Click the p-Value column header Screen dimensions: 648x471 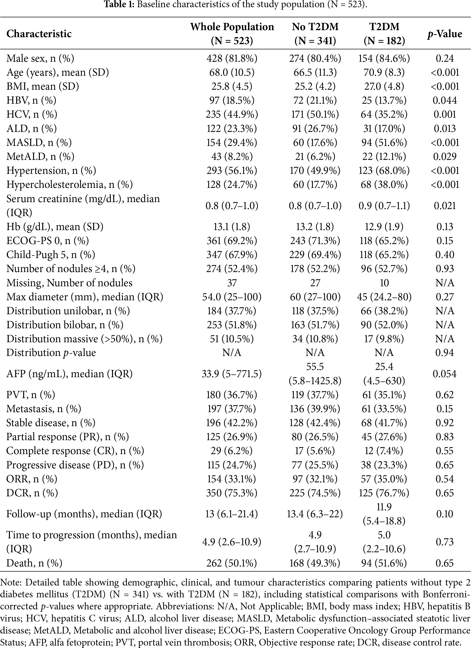pyautogui.click(x=445, y=34)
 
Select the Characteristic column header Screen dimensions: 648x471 pyautogui.click(x=39, y=34)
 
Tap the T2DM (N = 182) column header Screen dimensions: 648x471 pyautogui.click(x=384, y=34)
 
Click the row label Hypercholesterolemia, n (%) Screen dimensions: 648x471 pyautogui.click(x=70, y=184)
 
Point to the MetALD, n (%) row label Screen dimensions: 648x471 pyautogui.click(x=40, y=157)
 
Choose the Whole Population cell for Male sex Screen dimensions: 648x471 pyautogui.click(x=232, y=58)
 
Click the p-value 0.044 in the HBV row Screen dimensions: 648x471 pyautogui.click(x=445, y=101)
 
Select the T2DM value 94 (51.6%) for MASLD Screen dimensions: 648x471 pyautogui.click(x=384, y=143)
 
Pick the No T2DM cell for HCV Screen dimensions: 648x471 pyautogui.click(x=315, y=115)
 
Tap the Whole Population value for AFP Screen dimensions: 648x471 pyautogui.click(x=232, y=374)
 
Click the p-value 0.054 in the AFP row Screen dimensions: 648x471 pyautogui.click(x=445, y=374)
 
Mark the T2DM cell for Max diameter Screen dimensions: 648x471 pyautogui.click(x=384, y=297)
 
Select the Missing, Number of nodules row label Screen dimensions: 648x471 pyautogui.click(x=70, y=283)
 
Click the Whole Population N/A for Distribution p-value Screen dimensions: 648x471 pyautogui.click(x=232, y=353)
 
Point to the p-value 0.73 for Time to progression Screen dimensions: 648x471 pyautogui.click(x=445, y=542)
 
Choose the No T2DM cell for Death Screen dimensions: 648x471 pyautogui.click(x=315, y=563)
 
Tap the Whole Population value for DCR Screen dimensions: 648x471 pyautogui.click(x=232, y=493)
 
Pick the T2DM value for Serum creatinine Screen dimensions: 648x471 pyautogui.click(x=384, y=206)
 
